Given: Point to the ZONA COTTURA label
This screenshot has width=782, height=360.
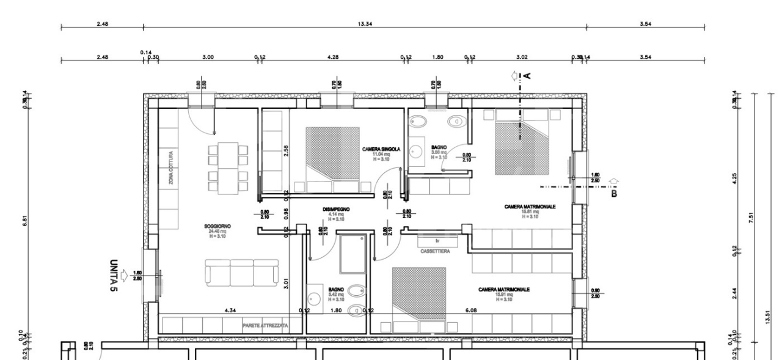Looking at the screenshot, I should coord(172,168).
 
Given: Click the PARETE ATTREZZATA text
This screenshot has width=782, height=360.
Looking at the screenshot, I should coord(265,326).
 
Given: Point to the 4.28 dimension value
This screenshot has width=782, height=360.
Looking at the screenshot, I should coord(333,57).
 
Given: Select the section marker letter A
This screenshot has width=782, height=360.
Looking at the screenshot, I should coord(527,75).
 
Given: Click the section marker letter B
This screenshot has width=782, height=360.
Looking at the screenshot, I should coord(615,194).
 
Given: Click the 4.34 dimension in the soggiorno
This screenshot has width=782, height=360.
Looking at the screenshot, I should coord(230,310).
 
